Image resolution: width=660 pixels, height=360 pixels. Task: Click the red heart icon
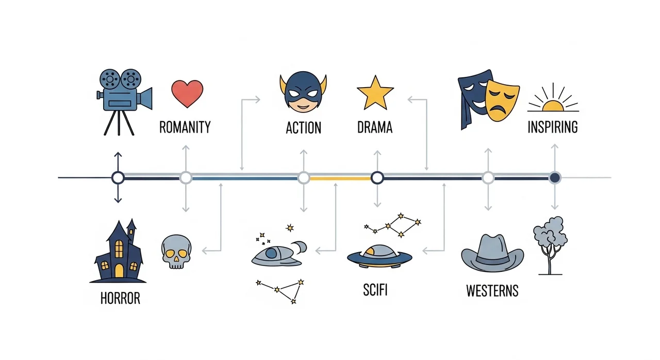pos(188,93)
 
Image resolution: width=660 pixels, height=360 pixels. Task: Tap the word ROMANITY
pos(185,127)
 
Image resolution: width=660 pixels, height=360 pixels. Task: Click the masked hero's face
pos(303,93)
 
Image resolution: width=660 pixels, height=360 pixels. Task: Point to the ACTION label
pos(303,127)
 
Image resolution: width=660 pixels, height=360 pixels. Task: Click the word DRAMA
pos(375,127)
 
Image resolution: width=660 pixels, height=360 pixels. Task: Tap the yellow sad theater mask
pos(502,99)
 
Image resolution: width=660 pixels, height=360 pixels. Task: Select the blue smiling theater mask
pos(473,95)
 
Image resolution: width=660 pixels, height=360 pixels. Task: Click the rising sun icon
pos(553,101)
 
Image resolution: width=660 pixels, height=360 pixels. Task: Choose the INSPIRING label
pos(553,127)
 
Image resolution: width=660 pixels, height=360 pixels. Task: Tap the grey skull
pos(176,251)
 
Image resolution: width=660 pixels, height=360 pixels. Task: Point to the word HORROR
pos(121,298)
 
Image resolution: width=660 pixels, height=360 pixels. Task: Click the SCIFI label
pos(375,290)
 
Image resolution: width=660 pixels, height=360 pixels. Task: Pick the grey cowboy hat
pos(492,253)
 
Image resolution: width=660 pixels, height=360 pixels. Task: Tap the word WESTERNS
pos(492,291)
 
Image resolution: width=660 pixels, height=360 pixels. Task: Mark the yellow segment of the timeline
pos(340,178)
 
